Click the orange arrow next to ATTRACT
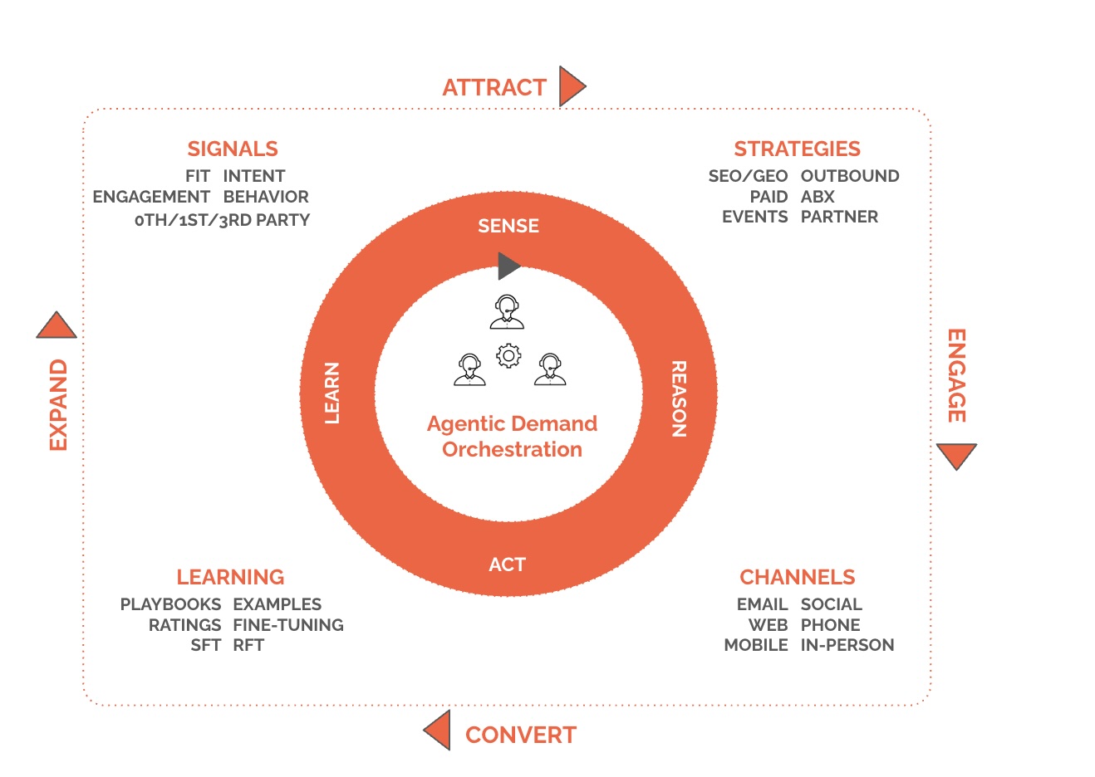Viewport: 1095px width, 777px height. point(571,86)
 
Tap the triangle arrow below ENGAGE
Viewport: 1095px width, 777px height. point(956,455)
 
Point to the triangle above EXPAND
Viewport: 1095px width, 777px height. point(56,327)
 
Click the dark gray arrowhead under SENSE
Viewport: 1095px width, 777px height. point(508,266)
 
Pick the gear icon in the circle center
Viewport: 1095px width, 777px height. point(508,356)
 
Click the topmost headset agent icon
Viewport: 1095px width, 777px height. point(507,312)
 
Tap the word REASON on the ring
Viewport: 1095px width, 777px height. point(679,398)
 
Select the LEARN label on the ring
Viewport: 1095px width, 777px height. point(332,393)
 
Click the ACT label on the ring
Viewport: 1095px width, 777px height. point(507,564)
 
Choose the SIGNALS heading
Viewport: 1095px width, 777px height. point(233,149)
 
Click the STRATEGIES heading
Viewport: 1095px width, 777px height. point(797,149)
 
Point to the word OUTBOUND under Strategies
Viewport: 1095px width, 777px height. point(850,176)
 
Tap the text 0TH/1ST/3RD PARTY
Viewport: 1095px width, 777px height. point(222,220)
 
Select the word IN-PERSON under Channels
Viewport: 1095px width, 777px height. point(847,645)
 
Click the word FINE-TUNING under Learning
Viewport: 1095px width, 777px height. point(288,625)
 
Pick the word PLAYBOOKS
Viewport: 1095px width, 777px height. point(170,604)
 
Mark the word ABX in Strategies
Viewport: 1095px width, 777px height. point(818,197)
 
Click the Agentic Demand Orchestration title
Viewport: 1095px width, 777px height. point(512,437)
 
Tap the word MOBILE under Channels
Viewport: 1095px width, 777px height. point(756,645)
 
